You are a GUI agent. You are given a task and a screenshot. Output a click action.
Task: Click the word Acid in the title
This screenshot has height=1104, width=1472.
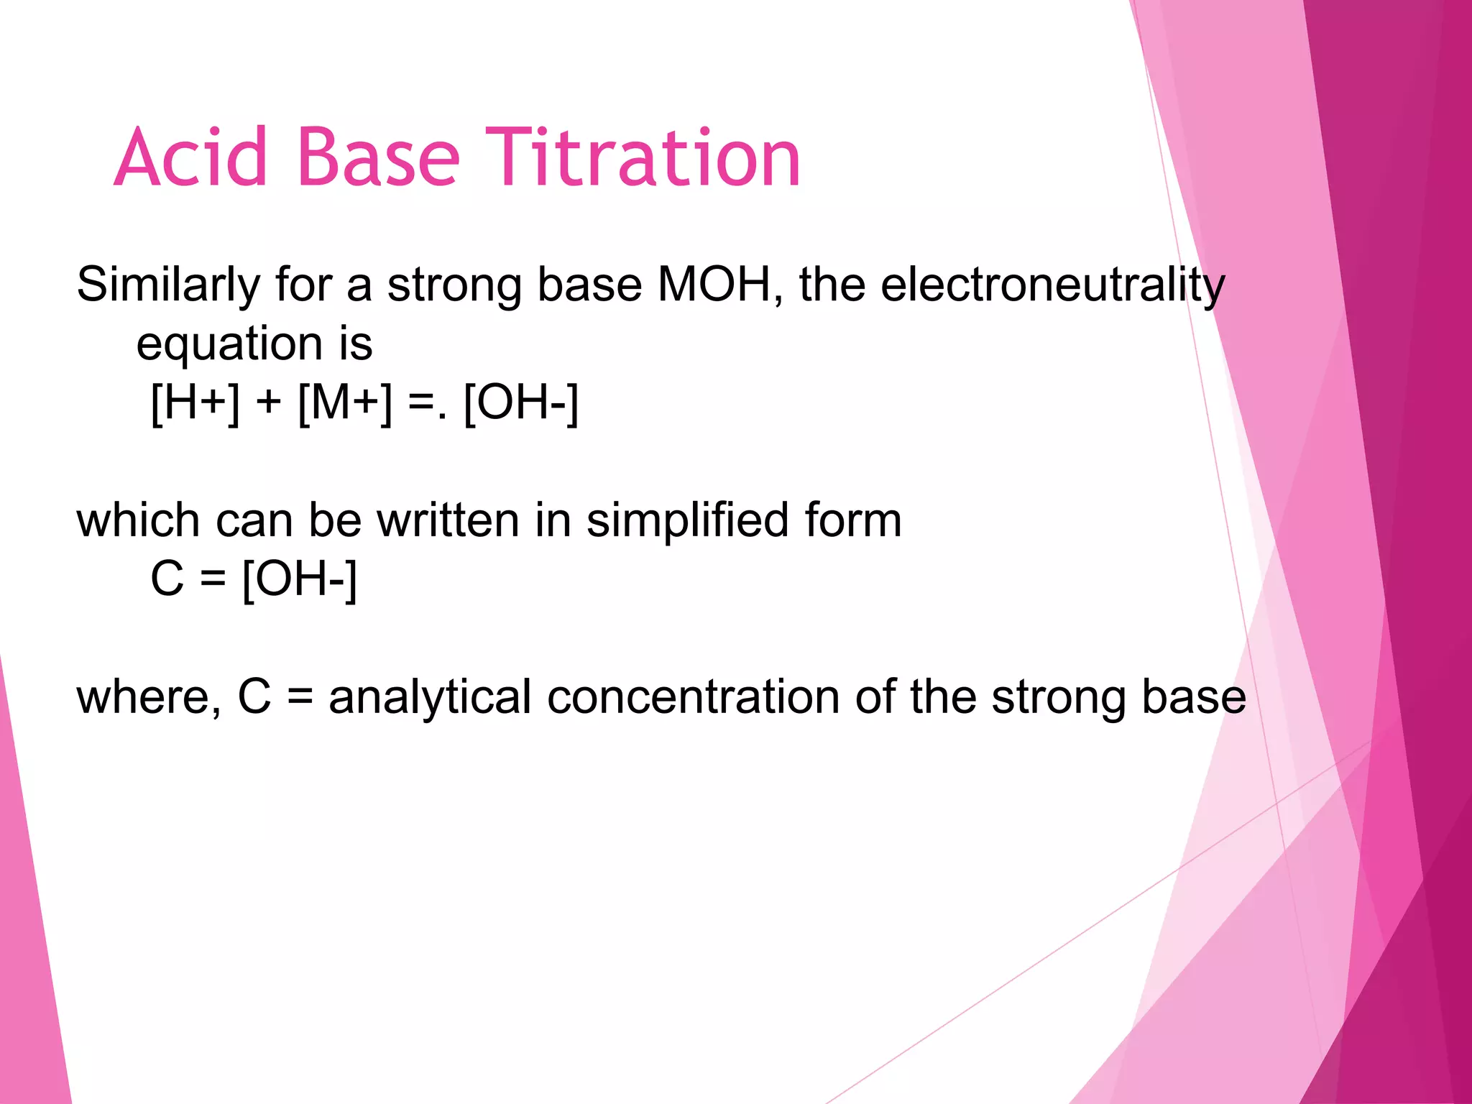(x=190, y=157)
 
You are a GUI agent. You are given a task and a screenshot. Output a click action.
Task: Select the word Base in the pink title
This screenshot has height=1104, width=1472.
(x=378, y=157)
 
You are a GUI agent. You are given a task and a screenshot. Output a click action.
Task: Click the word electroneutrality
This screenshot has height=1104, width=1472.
(x=1052, y=285)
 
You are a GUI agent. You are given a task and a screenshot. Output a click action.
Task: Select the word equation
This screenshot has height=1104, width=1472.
(x=229, y=344)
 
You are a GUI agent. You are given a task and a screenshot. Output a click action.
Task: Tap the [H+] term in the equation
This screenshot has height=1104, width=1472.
(x=195, y=402)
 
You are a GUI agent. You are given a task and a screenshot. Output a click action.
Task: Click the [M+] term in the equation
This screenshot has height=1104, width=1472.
(x=345, y=402)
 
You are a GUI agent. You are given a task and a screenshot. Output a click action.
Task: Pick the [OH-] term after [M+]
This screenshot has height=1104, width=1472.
(x=521, y=402)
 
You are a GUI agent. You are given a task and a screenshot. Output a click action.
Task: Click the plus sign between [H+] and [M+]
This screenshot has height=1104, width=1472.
(x=268, y=402)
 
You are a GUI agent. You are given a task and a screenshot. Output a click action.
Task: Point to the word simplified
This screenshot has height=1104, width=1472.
(x=687, y=520)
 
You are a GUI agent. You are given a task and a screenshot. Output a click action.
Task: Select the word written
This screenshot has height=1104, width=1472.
(x=448, y=520)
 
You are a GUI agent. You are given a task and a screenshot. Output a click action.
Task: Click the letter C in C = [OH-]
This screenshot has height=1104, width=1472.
(x=167, y=579)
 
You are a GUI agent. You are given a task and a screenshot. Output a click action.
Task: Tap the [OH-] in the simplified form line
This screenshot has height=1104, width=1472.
(x=299, y=579)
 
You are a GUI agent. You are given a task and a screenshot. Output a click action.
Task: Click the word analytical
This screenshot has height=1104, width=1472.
(x=429, y=697)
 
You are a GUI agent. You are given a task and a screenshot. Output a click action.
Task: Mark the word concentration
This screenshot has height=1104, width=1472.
(x=693, y=697)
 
